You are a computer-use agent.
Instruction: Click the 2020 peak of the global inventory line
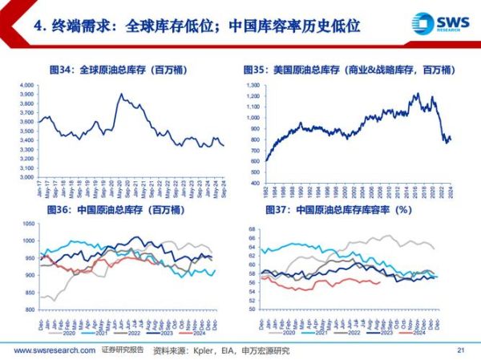point(120,95)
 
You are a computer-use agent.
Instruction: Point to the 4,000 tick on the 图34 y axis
point(25,84)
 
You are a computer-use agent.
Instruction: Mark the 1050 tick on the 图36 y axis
point(26,224)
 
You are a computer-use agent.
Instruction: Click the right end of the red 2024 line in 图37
point(379,281)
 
